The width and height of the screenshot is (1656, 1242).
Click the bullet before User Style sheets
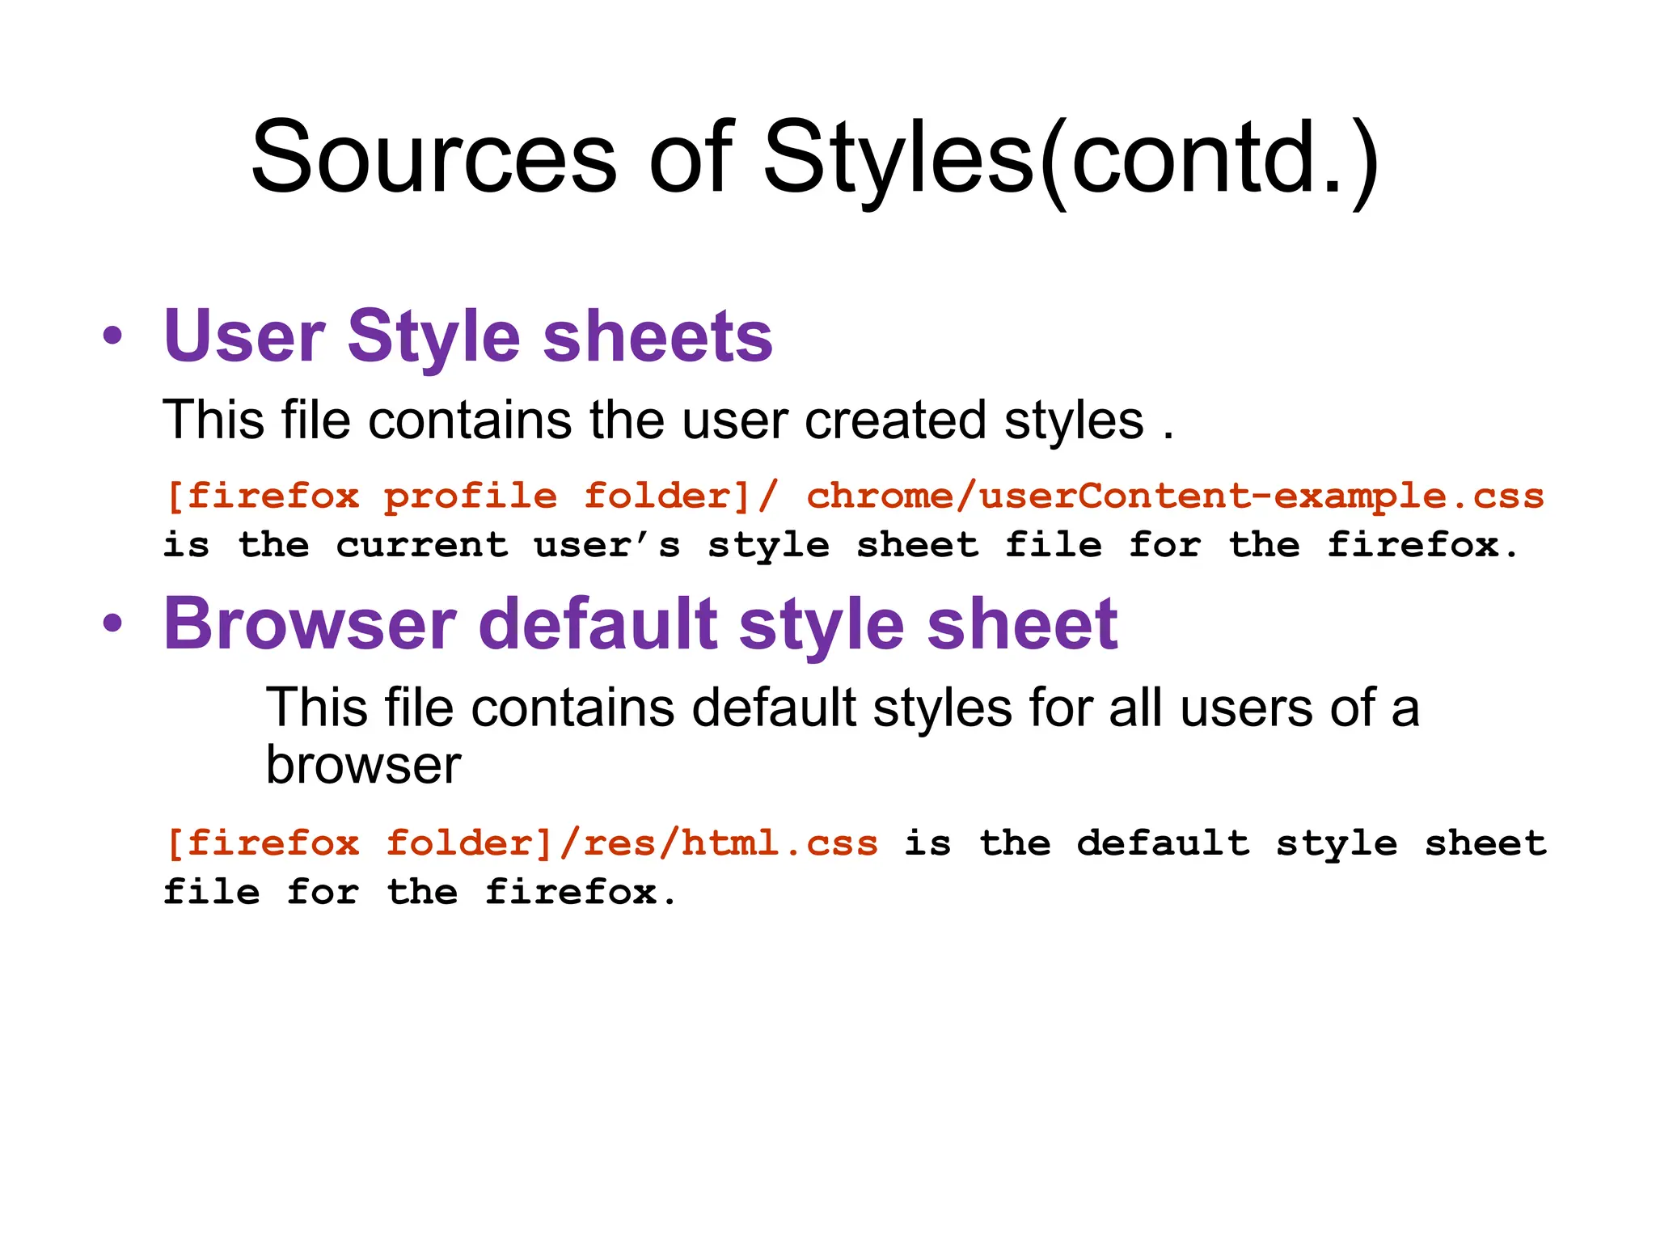click(x=113, y=336)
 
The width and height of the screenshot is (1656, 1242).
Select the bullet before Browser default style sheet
click(x=113, y=623)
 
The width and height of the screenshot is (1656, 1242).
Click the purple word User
click(x=244, y=336)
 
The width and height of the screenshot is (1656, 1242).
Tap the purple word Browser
click(x=310, y=623)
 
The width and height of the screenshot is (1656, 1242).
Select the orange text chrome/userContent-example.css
click(x=1175, y=496)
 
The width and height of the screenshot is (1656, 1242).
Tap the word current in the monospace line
click(x=422, y=545)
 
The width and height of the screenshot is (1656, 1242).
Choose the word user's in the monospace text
click(x=607, y=545)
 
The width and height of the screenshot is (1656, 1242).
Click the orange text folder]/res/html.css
click(x=632, y=843)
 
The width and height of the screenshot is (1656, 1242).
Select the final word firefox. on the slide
click(x=581, y=893)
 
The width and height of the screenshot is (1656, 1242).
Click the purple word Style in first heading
click(x=434, y=336)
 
